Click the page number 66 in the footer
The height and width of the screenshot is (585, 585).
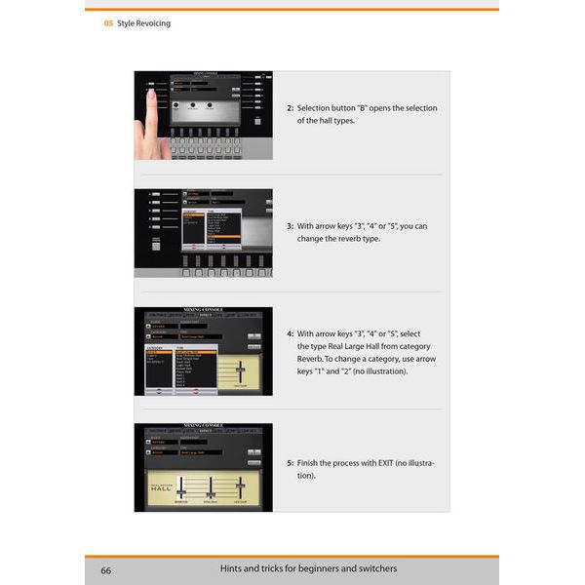(104, 569)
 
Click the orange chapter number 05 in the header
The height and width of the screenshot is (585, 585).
(108, 23)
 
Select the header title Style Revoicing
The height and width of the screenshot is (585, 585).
(144, 23)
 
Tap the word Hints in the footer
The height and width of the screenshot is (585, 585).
(231, 568)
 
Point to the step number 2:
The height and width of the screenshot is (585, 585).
(291, 108)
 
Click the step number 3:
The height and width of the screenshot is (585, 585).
(291, 226)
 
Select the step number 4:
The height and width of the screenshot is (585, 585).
(291, 332)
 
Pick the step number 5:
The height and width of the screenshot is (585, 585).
(291, 463)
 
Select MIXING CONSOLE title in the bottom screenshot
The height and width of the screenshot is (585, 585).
(203, 426)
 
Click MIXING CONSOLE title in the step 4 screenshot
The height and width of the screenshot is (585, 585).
(203, 310)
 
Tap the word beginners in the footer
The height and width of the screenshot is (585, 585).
(307, 568)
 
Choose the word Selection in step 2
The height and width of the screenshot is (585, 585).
(316, 108)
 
